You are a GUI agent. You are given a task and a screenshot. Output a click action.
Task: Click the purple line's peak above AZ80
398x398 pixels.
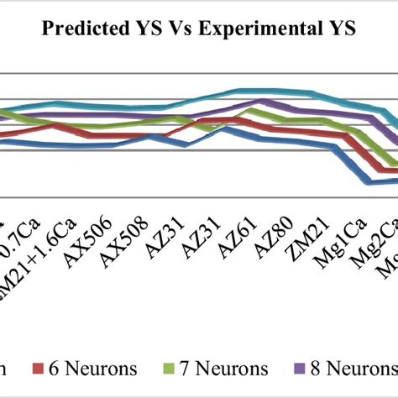coord(265,102)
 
